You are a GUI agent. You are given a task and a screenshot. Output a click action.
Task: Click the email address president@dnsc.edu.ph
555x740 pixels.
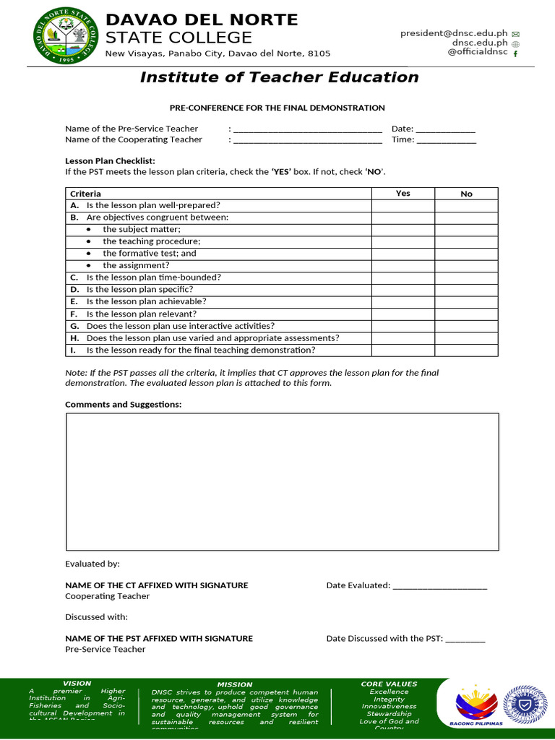coord(454,33)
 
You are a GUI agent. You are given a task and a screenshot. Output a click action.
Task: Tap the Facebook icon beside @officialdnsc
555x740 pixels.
coord(515,53)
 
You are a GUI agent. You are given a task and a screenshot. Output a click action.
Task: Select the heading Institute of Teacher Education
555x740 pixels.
coord(279,77)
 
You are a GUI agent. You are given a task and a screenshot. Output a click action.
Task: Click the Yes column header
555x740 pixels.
coord(403,193)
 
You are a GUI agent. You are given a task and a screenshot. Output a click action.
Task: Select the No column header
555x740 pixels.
coord(466,194)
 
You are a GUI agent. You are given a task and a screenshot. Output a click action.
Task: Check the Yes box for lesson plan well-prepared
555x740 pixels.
coord(403,205)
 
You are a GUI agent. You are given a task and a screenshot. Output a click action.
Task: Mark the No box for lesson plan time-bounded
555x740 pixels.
coord(466,277)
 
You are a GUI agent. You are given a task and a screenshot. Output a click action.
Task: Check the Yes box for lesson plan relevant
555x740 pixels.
coord(403,314)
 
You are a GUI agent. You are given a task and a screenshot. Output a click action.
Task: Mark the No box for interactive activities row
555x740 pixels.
coord(466,326)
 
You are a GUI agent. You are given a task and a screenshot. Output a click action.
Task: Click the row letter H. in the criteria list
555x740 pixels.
coord(74,338)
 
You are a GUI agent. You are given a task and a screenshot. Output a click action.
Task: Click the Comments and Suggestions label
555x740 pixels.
coord(123,404)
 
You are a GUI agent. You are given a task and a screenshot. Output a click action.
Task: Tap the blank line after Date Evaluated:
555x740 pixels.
coord(439,587)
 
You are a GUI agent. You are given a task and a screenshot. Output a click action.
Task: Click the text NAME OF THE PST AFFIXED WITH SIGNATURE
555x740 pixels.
coord(159,638)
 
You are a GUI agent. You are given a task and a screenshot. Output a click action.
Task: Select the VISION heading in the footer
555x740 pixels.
coord(77,683)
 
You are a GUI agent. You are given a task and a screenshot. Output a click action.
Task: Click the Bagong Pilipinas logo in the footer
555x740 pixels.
coord(476,706)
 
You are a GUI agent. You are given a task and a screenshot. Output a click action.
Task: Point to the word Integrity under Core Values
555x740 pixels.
coord(389,699)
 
